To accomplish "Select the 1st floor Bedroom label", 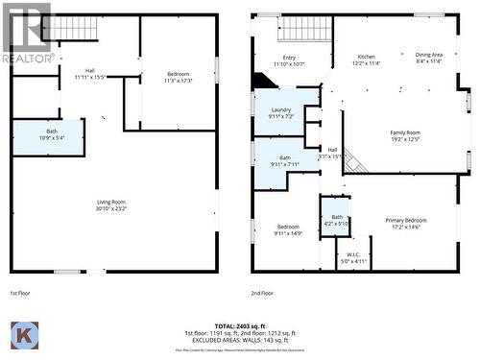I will click(179, 78).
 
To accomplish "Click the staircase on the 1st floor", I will click(75, 28).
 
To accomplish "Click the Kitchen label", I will click(367, 60).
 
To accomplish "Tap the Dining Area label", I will click(428, 59).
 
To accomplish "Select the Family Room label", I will click(404, 135).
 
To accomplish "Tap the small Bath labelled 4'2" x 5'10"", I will click(337, 220).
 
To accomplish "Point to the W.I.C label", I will click(353, 257).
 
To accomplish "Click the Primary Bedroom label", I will click(406, 224).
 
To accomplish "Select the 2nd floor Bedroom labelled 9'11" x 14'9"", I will click(288, 229).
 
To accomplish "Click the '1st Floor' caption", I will click(21, 292).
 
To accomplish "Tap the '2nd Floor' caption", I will click(262, 292).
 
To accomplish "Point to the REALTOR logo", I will click(27, 34).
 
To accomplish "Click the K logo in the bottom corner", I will click(25, 335).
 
